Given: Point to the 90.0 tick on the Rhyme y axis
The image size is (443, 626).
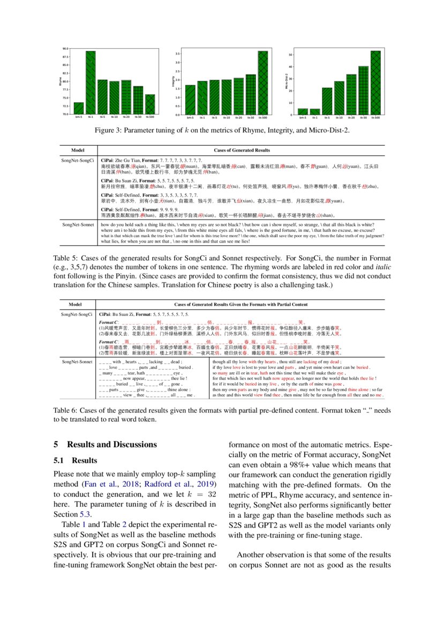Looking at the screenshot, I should coord(65,48).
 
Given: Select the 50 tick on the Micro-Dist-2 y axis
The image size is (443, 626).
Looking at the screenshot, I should coord(289,55).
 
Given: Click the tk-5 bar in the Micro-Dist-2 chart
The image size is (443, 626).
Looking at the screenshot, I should coord(327,101).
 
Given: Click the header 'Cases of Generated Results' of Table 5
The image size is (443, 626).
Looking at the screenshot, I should coord(242,150).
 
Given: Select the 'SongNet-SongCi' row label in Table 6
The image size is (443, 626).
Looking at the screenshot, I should coord(77,314).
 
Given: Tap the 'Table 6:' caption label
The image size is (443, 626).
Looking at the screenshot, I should coord(66,411).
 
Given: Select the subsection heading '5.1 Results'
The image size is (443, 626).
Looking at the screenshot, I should coord(76,461).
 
